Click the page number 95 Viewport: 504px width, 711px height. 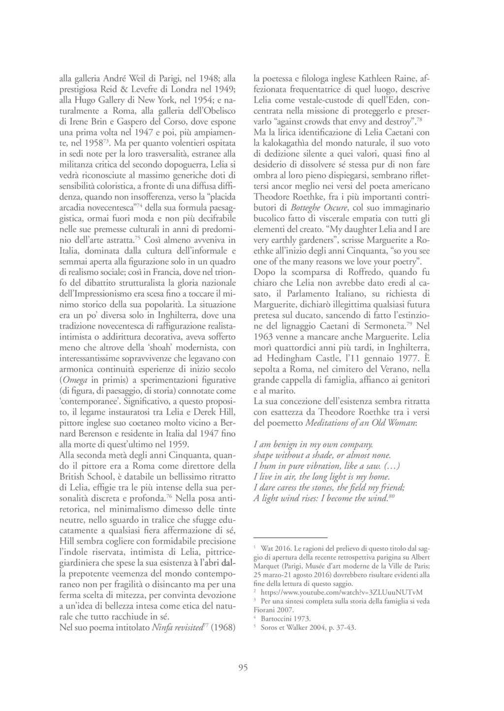point(243,668)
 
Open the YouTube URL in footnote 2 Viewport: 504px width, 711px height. point(342,592)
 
